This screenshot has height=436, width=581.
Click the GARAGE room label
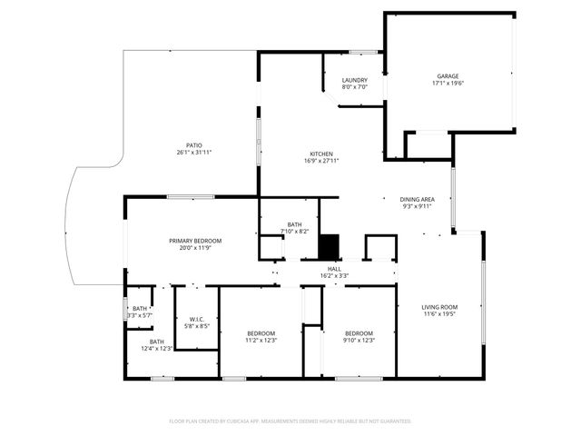click(x=447, y=76)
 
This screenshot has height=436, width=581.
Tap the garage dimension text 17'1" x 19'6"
click(x=447, y=84)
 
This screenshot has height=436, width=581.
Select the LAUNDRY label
click(x=354, y=80)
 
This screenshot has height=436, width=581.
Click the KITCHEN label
click(x=320, y=154)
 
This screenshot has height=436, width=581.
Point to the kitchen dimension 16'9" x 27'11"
click(x=320, y=161)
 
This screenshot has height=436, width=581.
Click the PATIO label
click(x=194, y=145)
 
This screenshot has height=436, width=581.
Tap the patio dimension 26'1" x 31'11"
click(x=194, y=153)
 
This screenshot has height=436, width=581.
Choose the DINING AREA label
click(x=418, y=199)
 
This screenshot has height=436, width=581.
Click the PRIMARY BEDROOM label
click(x=195, y=241)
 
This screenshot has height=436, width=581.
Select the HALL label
click(x=334, y=269)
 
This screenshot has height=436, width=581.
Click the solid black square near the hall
click(x=329, y=246)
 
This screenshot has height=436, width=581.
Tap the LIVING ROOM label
click(x=439, y=307)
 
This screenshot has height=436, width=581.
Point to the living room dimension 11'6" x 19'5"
click(x=439, y=314)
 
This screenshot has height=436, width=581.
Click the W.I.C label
click(x=197, y=318)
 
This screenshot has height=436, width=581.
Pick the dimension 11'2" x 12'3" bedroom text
click(x=261, y=341)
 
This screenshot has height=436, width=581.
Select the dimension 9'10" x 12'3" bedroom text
click(x=359, y=341)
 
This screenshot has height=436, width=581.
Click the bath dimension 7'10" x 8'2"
click(x=295, y=232)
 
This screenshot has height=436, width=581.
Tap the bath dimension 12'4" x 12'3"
click(x=157, y=348)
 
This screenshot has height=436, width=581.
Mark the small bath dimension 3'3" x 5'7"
click(x=140, y=315)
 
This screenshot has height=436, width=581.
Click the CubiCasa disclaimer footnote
click(x=290, y=421)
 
